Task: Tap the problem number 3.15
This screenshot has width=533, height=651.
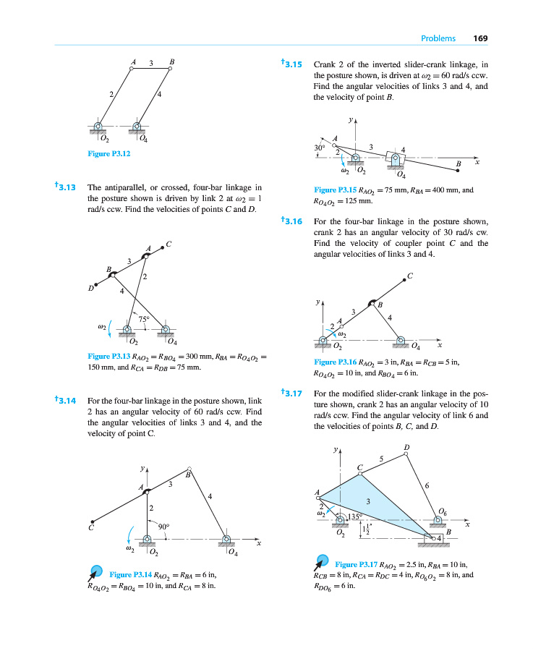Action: [x=294, y=64]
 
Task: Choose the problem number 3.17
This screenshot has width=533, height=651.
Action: [x=293, y=394]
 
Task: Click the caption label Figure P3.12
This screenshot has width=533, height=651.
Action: [x=108, y=153]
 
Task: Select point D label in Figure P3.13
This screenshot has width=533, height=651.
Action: [x=91, y=289]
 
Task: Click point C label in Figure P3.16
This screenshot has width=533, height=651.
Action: [x=410, y=275]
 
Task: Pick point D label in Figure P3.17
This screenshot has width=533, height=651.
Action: [x=406, y=448]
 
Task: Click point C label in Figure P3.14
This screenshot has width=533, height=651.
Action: [x=91, y=528]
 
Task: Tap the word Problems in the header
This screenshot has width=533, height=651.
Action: [x=438, y=38]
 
